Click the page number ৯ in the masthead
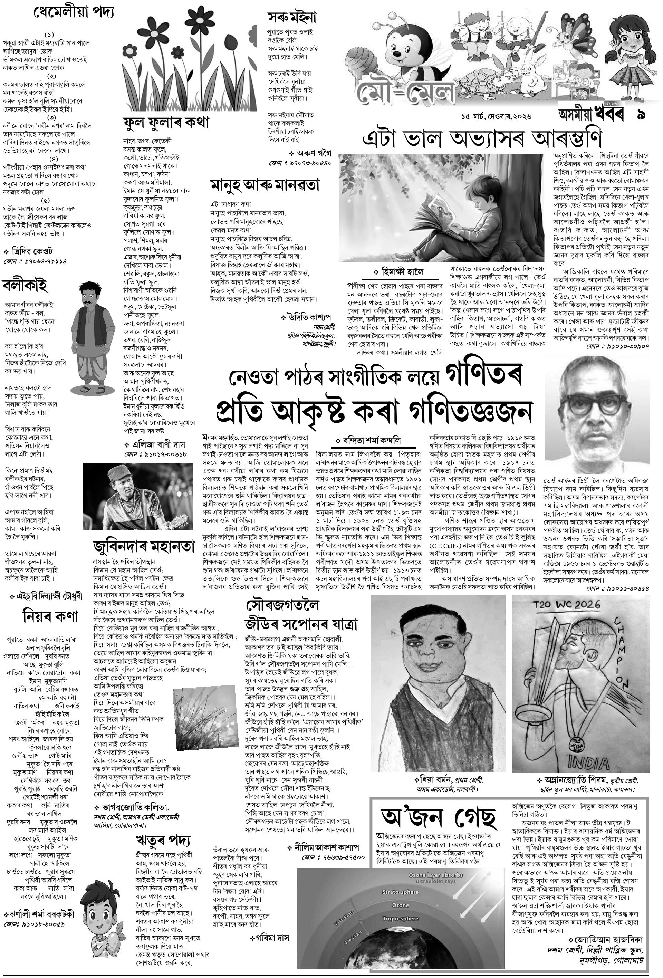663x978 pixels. [641, 115]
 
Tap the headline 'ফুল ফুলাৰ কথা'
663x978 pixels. [166, 123]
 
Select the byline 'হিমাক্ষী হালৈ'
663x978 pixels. [402, 272]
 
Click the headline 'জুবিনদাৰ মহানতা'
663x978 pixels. [144, 547]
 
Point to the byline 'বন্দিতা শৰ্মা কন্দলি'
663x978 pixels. [371, 441]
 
